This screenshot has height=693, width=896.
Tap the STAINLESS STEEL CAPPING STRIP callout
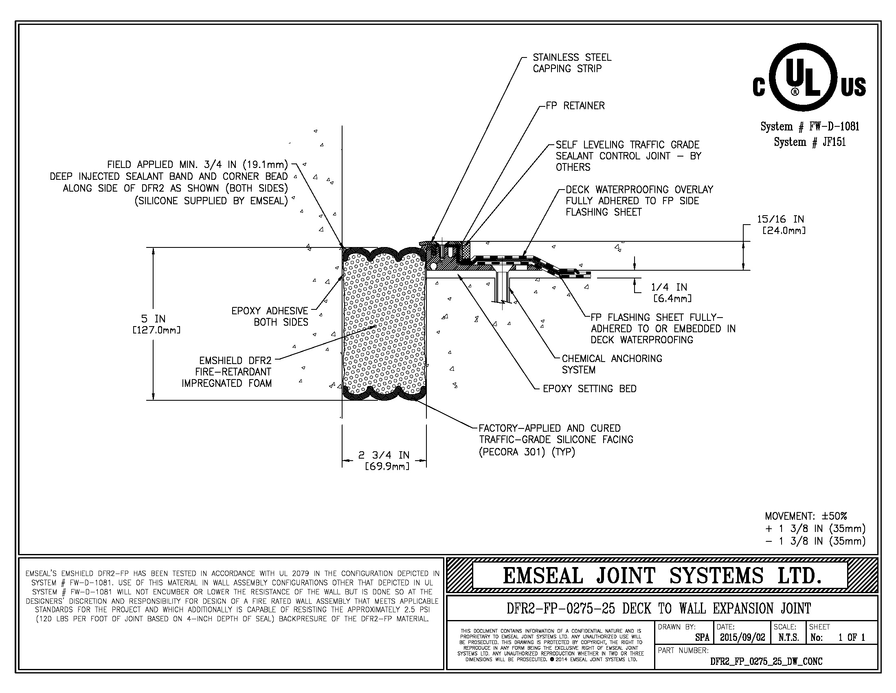572,63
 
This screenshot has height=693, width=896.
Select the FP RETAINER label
575,106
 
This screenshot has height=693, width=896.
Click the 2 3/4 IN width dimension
384,460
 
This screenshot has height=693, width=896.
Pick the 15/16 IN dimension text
781,225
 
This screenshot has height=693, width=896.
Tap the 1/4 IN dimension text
672,292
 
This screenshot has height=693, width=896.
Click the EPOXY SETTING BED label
590,389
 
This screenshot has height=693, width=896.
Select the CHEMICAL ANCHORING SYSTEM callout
612,364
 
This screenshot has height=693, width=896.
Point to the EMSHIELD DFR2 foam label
226,372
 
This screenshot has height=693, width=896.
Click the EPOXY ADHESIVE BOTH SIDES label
270,316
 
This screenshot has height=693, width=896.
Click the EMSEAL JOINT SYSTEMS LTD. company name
662,576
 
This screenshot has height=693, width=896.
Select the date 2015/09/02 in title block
742,637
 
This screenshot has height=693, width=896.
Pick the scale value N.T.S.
788,638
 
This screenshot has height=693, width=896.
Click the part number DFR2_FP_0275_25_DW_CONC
766,661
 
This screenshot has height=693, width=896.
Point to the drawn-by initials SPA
702,638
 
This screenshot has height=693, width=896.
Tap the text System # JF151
809,142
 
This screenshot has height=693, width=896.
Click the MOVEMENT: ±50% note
806,516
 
